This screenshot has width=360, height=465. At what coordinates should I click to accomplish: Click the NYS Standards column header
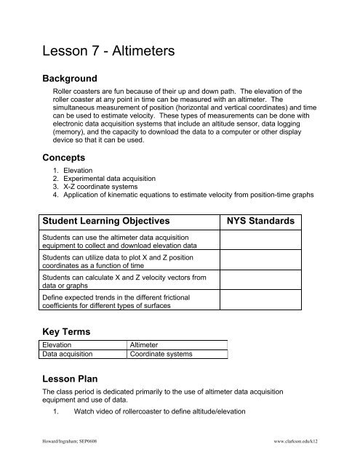(x=260, y=219)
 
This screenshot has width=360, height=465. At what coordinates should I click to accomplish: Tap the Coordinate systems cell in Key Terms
(x=161, y=355)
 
